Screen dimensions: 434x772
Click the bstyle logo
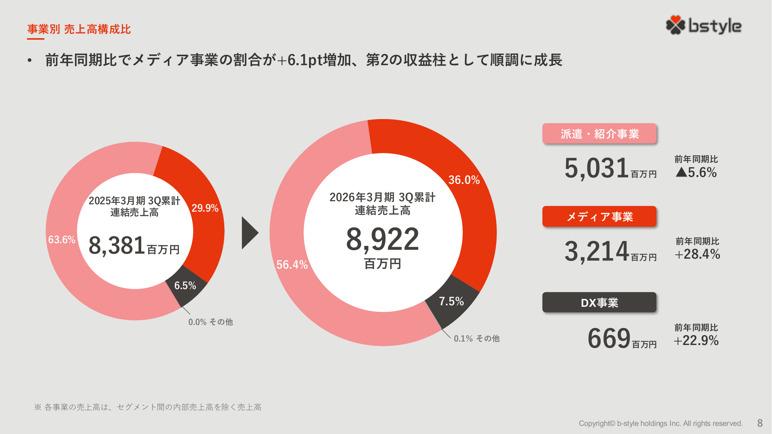click(x=703, y=25)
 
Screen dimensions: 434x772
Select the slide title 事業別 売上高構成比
click(x=79, y=29)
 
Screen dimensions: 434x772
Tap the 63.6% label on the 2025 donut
click(x=61, y=240)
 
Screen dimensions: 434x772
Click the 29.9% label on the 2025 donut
click(x=205, y=208)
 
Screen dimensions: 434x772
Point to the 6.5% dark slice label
click(x=185, y=286)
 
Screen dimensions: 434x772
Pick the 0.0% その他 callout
click(x=210, y=322)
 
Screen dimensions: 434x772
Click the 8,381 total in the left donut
click(x=117, y=246)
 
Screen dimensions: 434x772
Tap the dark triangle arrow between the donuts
click(x=249, y=232)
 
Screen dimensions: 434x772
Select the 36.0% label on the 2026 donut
click(x=464, y=180)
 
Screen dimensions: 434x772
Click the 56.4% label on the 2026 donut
click(x=292, y=265)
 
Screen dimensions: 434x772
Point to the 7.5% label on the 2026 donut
click(x=451, y=301)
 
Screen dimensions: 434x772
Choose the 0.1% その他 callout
click(x=476, y=338)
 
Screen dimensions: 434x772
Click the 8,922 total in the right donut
click(x=382, y=239)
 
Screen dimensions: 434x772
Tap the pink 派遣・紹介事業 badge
click(x=599, y=134)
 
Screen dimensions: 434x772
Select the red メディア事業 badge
click(x=599, y=217)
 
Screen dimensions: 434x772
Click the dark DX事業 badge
click(x=599, y=303)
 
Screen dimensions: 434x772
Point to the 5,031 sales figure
click(x=596, y=168)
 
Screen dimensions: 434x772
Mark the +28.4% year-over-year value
click(x=697, y=254)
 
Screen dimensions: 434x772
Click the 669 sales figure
click(x=608, y=338)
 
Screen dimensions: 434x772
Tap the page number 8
click(x=760, y=423)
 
